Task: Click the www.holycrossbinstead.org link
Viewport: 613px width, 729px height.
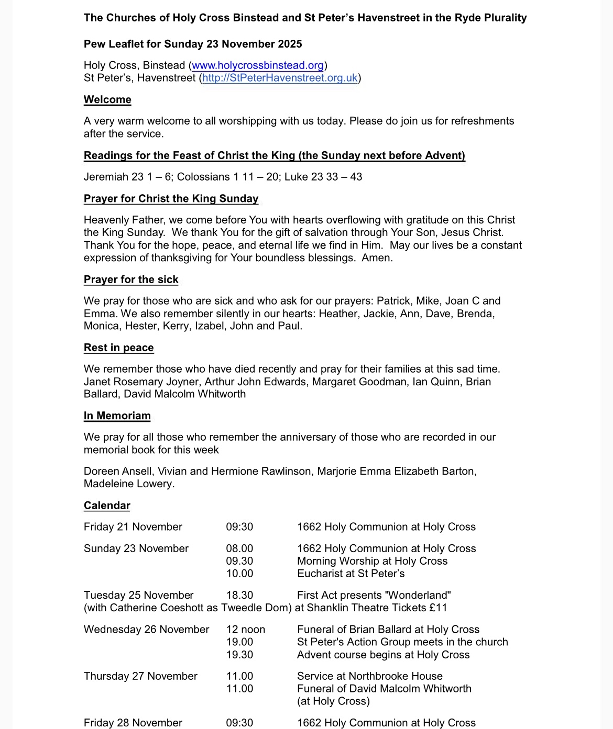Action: pos(258,65)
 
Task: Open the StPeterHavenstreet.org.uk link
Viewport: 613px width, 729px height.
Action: pos(280,78)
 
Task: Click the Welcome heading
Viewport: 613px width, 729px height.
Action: pos(107,99)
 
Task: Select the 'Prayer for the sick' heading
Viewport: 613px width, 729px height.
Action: pos(131,279)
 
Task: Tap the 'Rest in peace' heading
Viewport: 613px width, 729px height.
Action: pos(118,347)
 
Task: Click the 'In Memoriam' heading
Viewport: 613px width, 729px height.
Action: pos(117,416)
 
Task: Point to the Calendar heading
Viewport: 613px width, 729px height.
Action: pos(107,505)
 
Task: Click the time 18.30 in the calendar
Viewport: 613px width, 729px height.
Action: pos(239,595)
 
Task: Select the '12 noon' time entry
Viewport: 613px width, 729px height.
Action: pos(245,629)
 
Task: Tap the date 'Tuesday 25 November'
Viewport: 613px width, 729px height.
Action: pos(138,595)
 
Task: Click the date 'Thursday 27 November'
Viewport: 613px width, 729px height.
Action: pos(140,676)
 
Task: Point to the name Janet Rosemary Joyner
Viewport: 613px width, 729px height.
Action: pos(141,382)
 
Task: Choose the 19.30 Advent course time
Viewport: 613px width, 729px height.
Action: pos(239,655)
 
